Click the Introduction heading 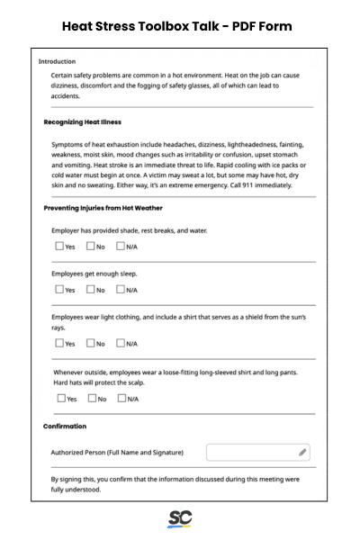[57, 61]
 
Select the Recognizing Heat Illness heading [82, 121]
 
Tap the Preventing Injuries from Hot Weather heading [103, 208]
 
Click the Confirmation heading [65, 426]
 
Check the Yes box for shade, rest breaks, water [58, 246]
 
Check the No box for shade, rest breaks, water [90, 246]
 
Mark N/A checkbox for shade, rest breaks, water [121, 246]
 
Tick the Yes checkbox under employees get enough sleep [58, 289]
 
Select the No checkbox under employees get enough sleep [90, 289]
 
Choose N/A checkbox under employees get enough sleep [121, 289]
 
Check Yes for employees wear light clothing [58, 343]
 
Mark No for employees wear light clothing [90, 343]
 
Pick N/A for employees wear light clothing [121, 343]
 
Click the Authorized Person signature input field [252, 452]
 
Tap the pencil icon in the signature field [302, 452]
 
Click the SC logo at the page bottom [180, 519]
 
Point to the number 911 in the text [242, 185]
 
